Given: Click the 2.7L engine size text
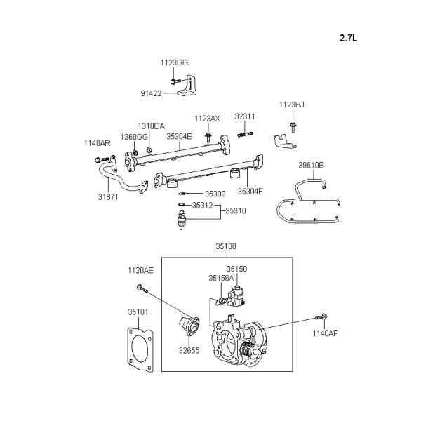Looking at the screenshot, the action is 348,38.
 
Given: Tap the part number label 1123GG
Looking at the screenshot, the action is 174,62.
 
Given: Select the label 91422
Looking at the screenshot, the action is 151,93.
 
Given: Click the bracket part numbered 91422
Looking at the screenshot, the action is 187,86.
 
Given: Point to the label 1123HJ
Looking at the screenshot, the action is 292,105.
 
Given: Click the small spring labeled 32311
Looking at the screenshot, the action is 245,134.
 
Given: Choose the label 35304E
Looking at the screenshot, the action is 179,136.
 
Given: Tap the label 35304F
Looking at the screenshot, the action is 250,192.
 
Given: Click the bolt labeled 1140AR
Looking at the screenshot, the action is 102,160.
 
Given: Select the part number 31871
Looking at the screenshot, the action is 108,197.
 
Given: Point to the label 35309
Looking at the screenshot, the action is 215,194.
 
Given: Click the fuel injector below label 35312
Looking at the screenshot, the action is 182,220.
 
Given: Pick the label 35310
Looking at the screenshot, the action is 236,210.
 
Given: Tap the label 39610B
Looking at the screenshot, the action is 311,165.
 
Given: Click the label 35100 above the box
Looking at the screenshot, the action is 226,246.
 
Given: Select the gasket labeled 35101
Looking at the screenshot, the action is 140,349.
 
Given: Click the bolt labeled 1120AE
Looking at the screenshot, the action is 142,288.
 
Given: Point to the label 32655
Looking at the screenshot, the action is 189,350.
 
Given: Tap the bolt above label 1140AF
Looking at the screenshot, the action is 321,317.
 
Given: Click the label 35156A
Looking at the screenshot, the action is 221,279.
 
